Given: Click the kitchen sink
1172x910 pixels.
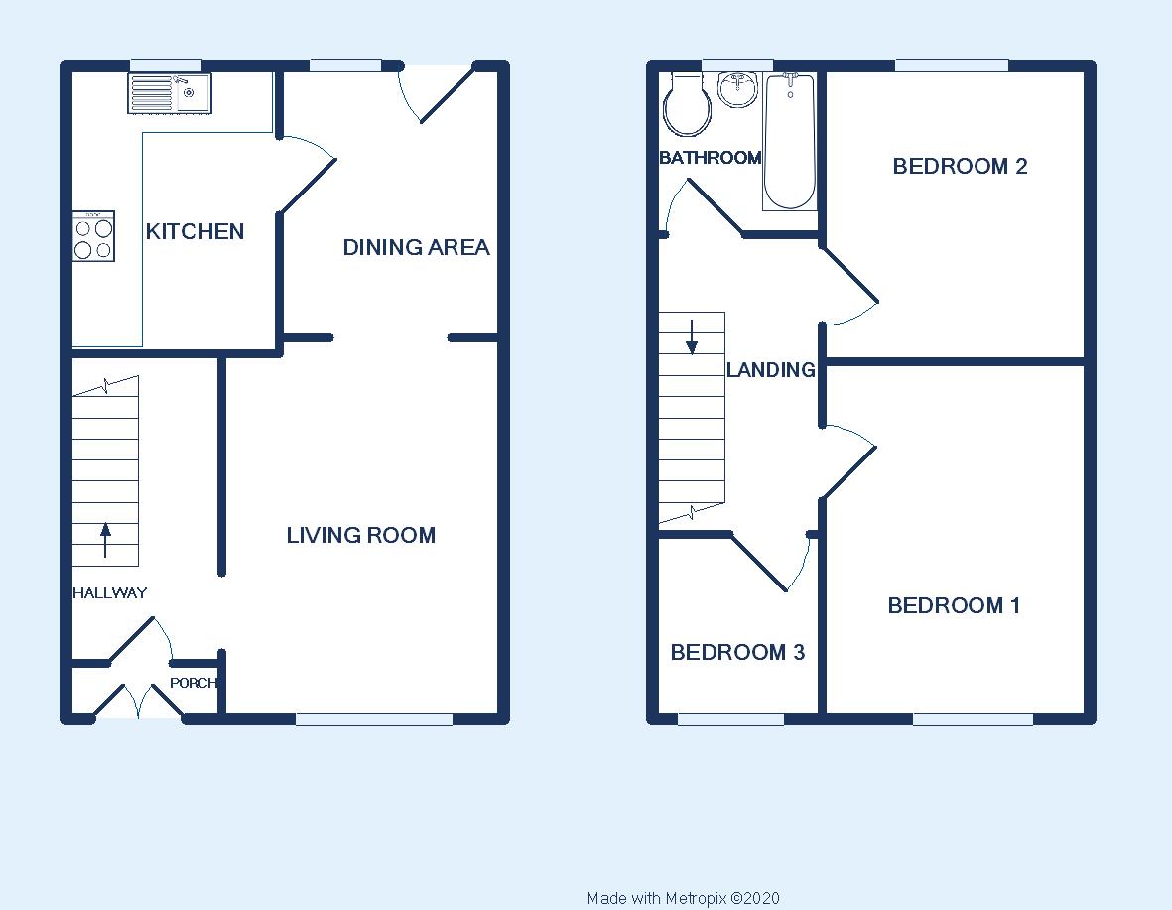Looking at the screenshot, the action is point(170,93).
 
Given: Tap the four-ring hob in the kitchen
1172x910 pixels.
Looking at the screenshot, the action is point(93,236).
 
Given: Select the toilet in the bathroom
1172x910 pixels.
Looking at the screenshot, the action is point(687,104).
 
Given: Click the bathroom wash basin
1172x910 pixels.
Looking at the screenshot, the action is point(737,89).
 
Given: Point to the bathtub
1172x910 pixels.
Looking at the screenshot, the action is point(789,141).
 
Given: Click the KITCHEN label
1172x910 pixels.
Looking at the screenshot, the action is point(195,232).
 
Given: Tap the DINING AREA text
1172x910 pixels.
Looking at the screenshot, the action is point(417,247).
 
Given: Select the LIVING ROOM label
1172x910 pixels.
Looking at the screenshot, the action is point(361,535).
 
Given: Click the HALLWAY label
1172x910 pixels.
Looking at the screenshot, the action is point(110,593).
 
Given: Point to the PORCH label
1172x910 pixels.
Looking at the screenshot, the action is point(193,683).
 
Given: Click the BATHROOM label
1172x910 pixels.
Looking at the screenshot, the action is point(711,158).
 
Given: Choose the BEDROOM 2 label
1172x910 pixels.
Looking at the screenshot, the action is point(961,166).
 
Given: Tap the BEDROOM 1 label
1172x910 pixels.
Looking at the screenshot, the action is point(954,605).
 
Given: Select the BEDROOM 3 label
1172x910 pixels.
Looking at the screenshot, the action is point(737,653).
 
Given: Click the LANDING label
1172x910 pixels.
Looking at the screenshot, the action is point(771,369).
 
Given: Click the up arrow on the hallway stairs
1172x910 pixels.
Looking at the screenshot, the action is point(105,540).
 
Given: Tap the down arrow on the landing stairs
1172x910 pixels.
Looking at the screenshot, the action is point(692,337).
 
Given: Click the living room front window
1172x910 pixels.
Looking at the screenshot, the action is point(374,719).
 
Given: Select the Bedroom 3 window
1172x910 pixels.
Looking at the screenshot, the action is point(731,719).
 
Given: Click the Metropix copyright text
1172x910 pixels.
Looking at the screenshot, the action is point(683,899).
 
